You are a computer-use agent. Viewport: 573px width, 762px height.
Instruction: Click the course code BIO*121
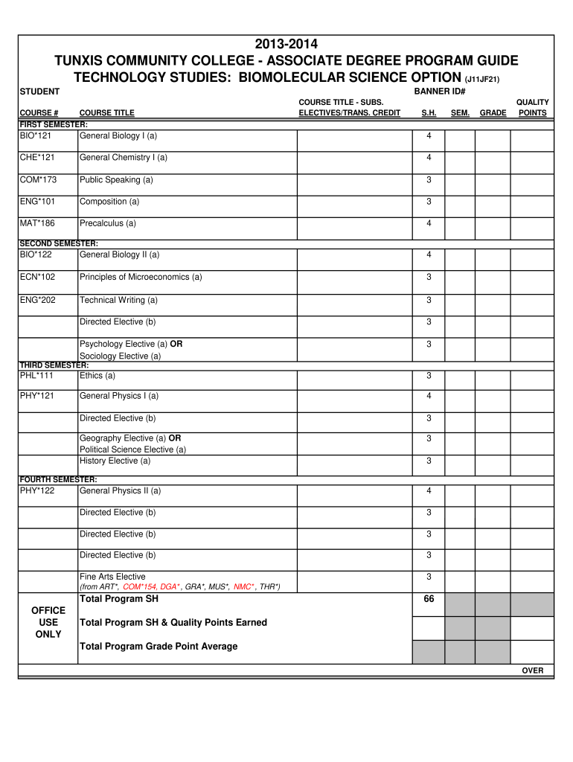click(37, 136)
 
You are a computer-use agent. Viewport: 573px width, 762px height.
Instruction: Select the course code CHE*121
click(38, 158)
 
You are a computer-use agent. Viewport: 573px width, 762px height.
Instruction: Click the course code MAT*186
click(38, 223)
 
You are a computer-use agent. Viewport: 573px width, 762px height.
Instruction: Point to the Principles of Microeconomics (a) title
click(141, 278)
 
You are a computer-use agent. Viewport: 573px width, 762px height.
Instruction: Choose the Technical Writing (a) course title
click(118, 300)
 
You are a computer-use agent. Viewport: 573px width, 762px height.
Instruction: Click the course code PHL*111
click(37, 376)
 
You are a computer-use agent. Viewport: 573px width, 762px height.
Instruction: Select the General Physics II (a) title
click(120, 491)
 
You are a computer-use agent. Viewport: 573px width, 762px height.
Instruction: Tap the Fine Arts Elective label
click(112, 577)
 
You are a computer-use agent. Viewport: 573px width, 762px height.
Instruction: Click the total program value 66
click(429, 599)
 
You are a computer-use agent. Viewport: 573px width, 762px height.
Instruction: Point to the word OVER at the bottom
click(533, 671)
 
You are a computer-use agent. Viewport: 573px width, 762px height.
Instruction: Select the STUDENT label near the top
click(39, 91)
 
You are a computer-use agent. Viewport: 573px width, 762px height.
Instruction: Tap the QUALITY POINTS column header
click(533, 108)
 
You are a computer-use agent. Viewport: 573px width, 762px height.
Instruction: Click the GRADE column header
click(493, 113)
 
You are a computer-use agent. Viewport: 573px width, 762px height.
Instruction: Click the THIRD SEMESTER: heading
click(53, 365)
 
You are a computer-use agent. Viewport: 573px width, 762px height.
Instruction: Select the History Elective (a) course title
click(115, 461)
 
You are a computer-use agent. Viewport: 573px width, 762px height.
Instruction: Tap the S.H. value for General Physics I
click(429, 396)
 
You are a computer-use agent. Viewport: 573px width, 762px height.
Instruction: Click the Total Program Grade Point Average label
click(159, 646)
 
